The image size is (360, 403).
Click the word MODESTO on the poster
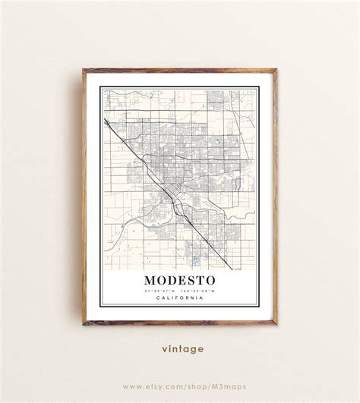point(180,280)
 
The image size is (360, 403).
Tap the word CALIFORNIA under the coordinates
point(180,298)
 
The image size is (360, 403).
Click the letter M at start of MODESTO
point(149,280)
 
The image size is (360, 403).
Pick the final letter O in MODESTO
point(212,280)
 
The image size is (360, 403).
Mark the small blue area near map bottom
point(195,260)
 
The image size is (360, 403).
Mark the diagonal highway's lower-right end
point(231,267)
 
